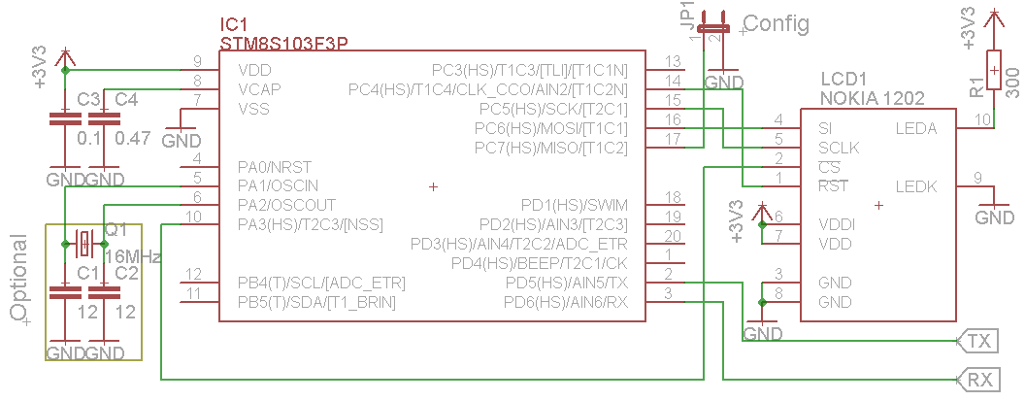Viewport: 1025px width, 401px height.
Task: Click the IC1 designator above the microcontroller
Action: [236, 23]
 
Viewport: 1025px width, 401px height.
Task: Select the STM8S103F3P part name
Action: [284, 43]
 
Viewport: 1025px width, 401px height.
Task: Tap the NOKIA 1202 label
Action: [872, 98]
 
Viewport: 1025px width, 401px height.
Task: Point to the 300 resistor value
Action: [1012, 83]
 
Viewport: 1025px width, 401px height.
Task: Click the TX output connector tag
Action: [978, 341]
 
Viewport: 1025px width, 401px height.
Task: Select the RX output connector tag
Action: [978, 379]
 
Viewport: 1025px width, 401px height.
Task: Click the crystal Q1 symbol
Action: [83, 242]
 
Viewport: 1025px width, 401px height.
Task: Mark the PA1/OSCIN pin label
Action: [278, 184]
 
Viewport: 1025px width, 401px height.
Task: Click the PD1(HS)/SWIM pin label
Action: [575, 204]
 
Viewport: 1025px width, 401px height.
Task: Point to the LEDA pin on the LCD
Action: [915, 127]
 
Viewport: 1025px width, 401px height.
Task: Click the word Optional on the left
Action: [17, 277]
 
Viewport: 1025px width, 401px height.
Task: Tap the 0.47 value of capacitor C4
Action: [133, 138]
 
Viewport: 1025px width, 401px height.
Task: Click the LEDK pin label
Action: [915, 184]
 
